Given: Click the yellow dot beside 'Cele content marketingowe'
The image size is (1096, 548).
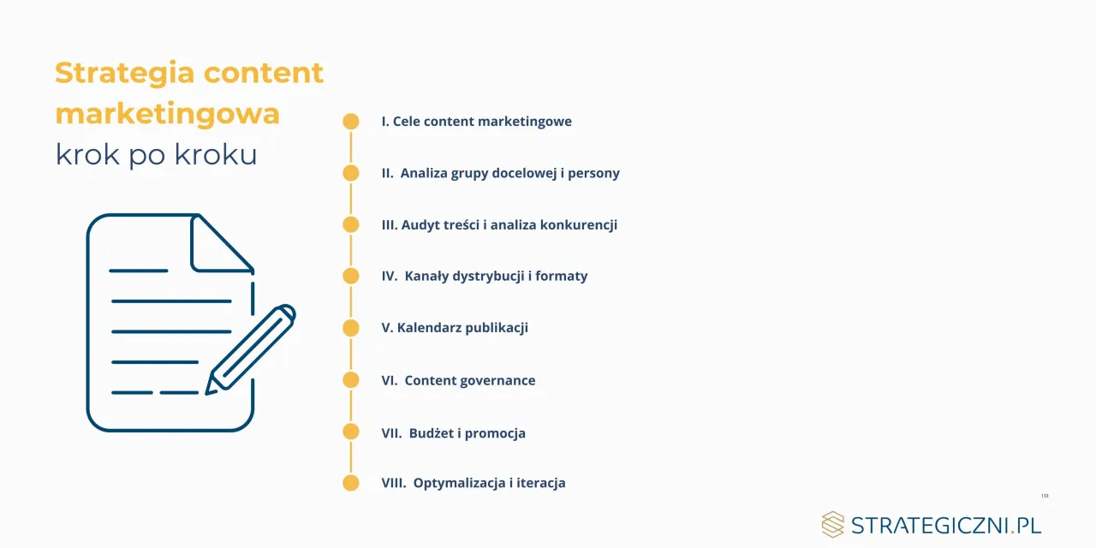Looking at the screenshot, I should (x=351, y=122).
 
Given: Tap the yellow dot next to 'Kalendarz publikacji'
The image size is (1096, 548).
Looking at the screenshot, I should (x=351, y=328).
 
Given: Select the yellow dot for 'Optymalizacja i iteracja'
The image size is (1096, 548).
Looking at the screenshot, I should (x=351, y=483).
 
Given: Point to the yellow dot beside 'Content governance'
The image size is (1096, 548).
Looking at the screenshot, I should (x=351, y=380).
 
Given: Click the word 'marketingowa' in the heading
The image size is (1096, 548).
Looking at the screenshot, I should (x=167, y=114).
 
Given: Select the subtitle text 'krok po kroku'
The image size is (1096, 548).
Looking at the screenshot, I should (x=156, y=155).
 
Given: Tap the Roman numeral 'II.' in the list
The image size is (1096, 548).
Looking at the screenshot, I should (x=388, y=173).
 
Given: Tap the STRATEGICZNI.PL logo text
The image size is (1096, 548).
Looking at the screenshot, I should (x=946, y=525).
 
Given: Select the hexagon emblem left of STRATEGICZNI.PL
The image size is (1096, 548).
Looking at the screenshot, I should (x=832, y=525).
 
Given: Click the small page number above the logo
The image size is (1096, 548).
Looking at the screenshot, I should (x=1045, y=496).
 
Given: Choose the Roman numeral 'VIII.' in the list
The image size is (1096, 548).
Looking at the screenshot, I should (x=395, y=483).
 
